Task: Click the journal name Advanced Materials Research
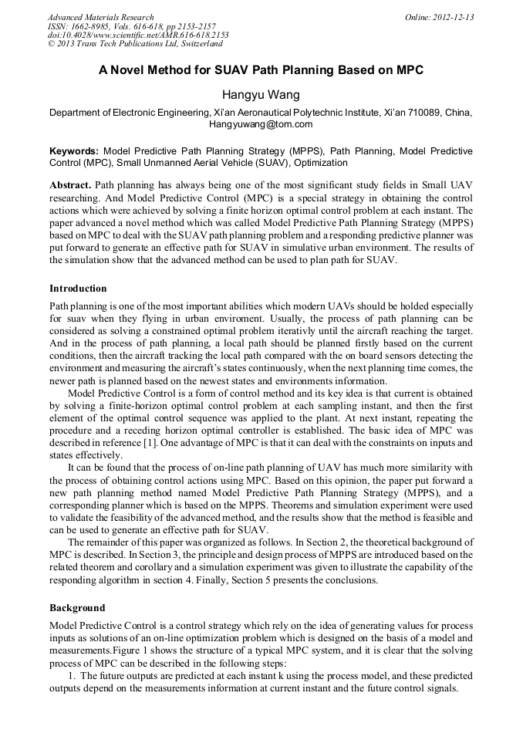(101, 17)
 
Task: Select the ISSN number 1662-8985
(97, 26)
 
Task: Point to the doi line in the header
(138, 35)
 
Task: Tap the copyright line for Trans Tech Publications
(135, 44)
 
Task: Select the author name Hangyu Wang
(261, 95)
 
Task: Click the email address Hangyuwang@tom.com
(261, 124)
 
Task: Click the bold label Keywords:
(74, 151)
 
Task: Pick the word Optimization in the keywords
(317, 163)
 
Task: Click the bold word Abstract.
(70, 186)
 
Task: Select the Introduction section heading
(78, 289)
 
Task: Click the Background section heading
(77, 608)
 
